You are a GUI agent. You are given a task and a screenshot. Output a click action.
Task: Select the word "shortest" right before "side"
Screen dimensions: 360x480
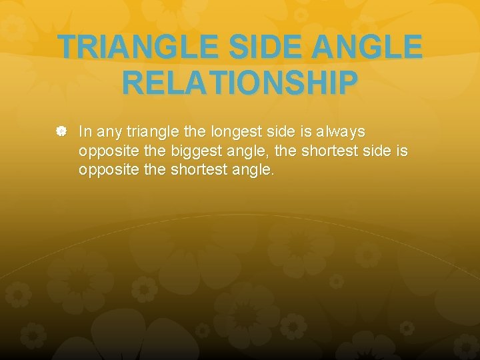(x=329, y=151)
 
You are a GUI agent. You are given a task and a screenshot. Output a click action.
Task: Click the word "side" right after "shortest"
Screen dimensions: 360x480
(x=375, y=151)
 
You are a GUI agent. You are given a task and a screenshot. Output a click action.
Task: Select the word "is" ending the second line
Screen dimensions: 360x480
(x=401, y=151)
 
